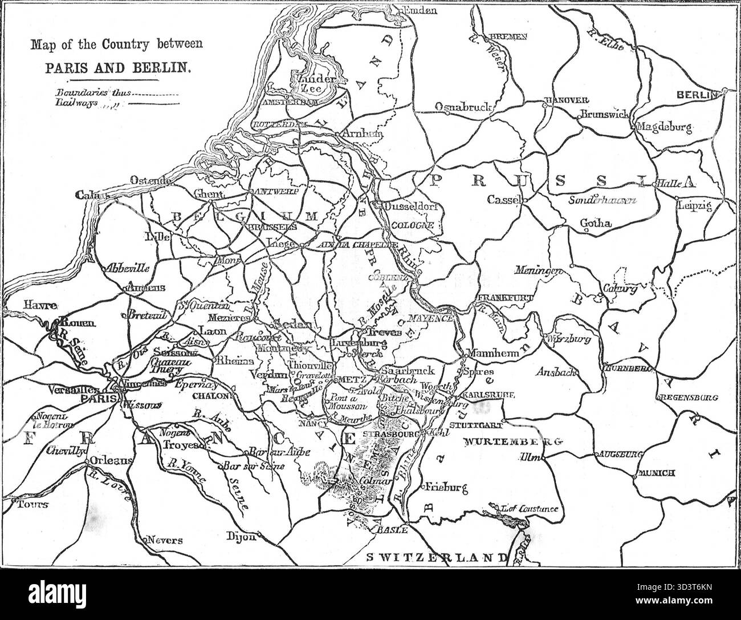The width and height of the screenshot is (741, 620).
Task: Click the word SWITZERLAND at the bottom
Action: [434, 557]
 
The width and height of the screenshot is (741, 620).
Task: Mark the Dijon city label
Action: [239, 536]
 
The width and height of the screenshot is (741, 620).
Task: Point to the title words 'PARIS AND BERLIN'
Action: [117, 67]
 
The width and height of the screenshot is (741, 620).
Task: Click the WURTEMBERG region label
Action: [513, 442]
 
